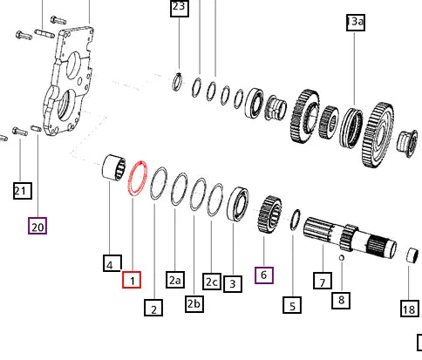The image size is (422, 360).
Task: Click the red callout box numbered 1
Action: tap(130, 280)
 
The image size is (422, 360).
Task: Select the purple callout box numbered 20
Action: tap(37, 226)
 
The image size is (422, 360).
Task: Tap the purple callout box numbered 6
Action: tap(264, 275)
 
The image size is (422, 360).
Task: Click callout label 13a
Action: tap(355, 23)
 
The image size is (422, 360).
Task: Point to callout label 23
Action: tap(179, 9)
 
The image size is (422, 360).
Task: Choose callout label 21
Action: tap(22, 189)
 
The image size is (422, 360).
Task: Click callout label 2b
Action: tap(194, 303)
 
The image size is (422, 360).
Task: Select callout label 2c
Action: tap(212, 281)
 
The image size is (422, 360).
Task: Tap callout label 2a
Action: tap(175, 280)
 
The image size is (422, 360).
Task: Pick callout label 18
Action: tap(409, 309)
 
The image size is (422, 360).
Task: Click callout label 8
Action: tap(341, 301)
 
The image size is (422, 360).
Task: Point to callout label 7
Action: tap(323, 281)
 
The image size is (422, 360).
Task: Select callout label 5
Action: tap(292, 304)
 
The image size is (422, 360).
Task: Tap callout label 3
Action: tap(232, 283)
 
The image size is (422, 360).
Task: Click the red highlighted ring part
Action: tap(136, 185)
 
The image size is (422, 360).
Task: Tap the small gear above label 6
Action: tap(270, 214)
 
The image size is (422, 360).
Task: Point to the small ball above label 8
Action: tap(342, 257)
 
